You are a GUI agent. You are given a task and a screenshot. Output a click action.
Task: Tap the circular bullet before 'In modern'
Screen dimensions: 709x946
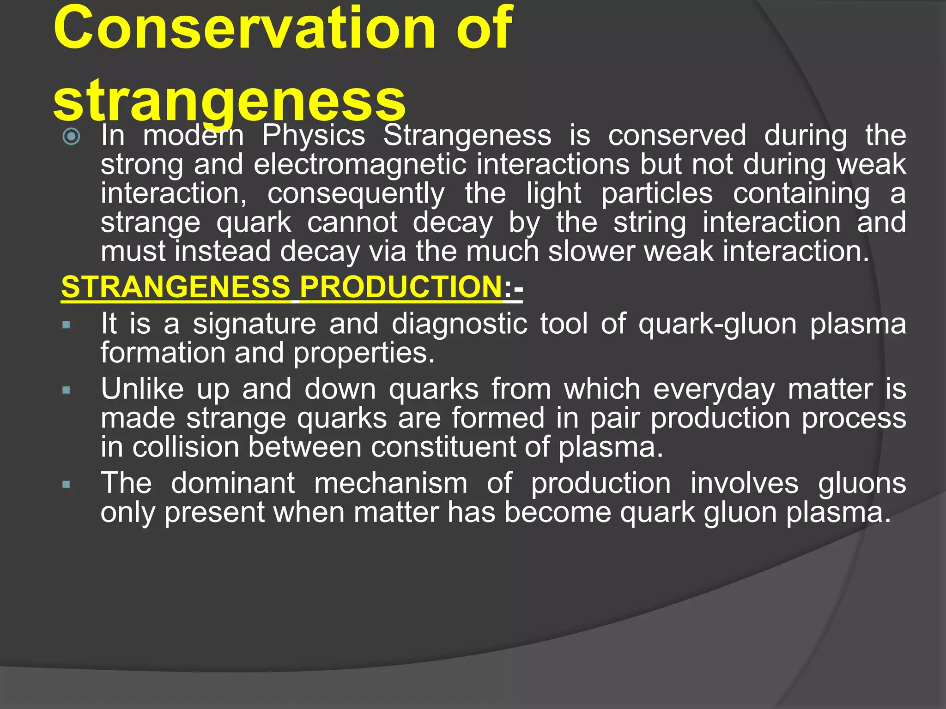coord(72,136)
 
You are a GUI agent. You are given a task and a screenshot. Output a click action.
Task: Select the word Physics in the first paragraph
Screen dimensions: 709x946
coord(314,136)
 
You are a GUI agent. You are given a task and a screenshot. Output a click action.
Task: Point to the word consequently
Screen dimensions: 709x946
coord(356,194)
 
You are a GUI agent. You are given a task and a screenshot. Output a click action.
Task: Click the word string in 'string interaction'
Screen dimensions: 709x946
coord(649,223)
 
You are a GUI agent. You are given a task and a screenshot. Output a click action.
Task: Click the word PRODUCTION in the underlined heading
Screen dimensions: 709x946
coord(400,287)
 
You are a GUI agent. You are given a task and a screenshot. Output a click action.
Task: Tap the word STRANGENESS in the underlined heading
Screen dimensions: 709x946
coord(176,287)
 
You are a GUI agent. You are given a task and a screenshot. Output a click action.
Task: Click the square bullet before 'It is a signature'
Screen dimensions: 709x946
coord(66,325)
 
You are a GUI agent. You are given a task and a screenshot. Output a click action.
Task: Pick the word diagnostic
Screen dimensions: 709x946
coord(459,324)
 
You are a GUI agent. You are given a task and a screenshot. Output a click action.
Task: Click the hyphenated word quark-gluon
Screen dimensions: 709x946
coord(717,324)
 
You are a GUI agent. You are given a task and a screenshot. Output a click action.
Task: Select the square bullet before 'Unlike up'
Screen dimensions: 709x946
coord(66,391)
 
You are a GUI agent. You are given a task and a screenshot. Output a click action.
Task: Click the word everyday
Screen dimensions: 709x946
coord(714,390)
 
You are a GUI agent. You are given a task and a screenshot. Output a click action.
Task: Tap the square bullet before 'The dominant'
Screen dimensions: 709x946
coord(66,485)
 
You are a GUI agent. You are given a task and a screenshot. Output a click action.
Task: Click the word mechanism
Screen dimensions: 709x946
coord(391,484)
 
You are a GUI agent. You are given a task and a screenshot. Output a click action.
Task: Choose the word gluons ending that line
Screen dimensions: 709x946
coord(862,484)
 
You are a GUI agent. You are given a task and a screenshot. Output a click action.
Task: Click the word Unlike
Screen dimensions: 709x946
coord(142,390)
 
